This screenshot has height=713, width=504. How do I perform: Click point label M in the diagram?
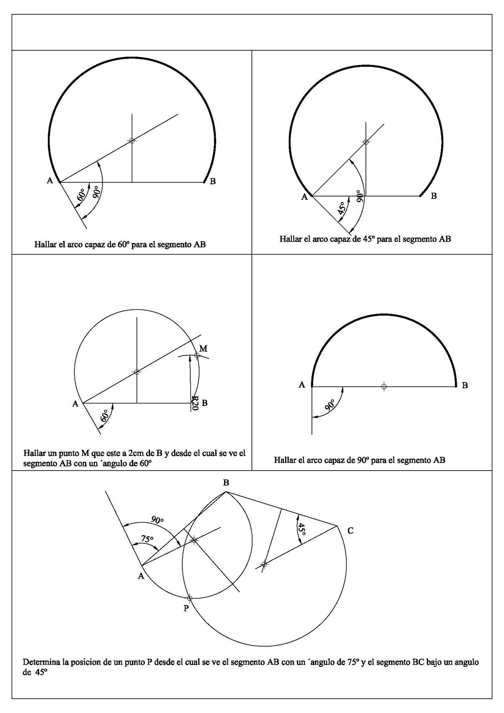[x=203, y=348]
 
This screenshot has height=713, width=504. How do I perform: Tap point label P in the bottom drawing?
[x=186, y=608]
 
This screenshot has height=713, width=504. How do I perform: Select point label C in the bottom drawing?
[x=350, y=530]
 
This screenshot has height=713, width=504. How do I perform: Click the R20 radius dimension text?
[x=194, y=403]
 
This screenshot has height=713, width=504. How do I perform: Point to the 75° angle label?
[x=147, y=539]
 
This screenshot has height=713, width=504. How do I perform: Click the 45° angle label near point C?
[x=302, y=529]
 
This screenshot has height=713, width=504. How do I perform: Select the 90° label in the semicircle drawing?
[x=330, y=405]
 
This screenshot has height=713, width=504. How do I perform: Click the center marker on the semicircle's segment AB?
[x=384, y=386]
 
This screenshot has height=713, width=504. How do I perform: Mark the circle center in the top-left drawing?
[x=131, y=141]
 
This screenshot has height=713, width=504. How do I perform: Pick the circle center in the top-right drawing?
[x=366, y=142]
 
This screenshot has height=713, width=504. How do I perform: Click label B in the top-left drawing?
[x=213, y=181]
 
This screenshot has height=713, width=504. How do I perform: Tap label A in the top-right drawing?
[x=304, y=197]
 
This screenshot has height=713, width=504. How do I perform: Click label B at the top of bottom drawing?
[x=226, y=483]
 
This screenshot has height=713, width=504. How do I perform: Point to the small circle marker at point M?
[x=197, y=355]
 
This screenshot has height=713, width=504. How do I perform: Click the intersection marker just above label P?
[x=189, y=598]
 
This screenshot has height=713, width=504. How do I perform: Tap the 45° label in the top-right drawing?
[x=342, y=209]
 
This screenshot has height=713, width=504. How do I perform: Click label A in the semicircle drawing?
[x=302, y=385]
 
